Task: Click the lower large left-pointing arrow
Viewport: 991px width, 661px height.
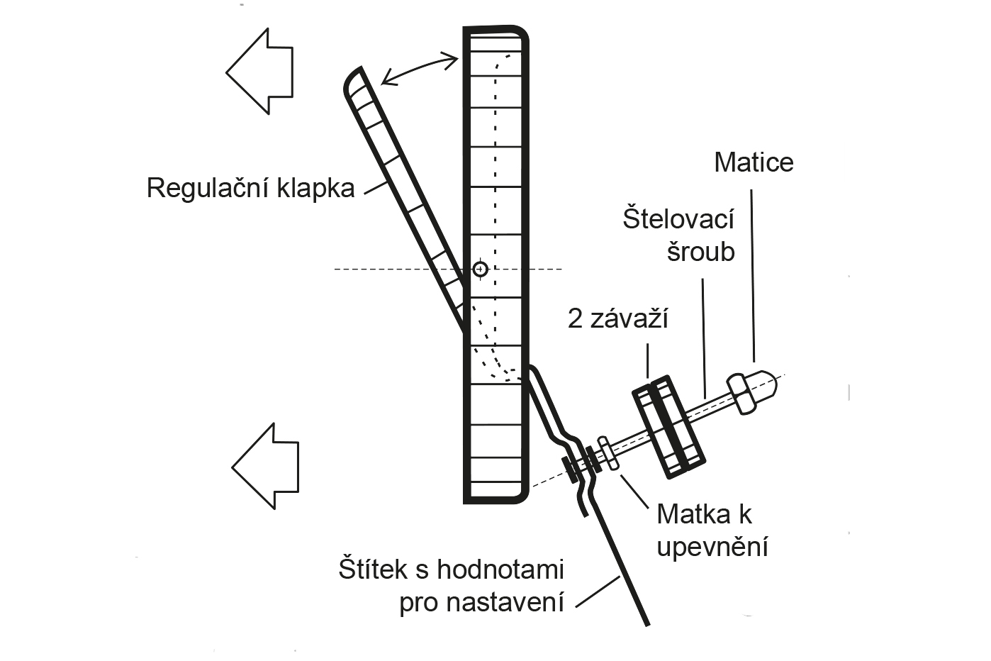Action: tap(267, 466)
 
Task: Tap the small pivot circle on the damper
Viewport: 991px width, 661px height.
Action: tap(481, 269)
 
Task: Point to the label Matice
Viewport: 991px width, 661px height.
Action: tap(754, 162)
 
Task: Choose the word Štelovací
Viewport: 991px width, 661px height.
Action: tap(678, 218)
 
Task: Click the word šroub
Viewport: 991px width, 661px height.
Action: tap(700, 252)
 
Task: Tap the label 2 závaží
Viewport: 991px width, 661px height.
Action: tap(618, 319)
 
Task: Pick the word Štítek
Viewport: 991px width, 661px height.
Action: tap(381, 570)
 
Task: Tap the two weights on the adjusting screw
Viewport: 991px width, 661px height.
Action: tap(668, 425)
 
